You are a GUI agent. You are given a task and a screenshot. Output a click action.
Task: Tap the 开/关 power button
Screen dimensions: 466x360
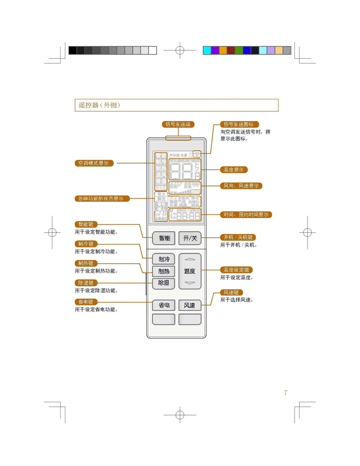point(190,238)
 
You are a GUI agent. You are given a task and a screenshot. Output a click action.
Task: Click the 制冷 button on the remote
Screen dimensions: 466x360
point(164,259)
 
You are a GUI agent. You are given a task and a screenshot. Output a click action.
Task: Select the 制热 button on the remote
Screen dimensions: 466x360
point(164,271)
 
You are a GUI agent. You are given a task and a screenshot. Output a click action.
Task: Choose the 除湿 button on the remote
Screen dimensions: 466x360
point(164,283)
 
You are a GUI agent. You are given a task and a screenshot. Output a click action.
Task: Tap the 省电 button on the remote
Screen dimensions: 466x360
point(164,305)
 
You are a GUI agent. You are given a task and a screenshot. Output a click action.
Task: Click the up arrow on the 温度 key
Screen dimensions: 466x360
point(190,259)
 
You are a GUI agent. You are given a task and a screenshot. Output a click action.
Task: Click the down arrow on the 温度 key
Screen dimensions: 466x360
point(190,283)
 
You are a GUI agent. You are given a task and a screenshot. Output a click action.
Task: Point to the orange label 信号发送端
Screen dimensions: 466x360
point(178,124)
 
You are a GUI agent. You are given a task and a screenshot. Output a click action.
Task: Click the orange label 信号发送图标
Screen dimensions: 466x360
point(239,124)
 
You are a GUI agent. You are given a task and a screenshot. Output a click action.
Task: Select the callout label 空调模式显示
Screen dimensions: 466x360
point(94,163)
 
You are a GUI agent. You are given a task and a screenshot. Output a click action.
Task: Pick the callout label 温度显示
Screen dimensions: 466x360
point(234,170)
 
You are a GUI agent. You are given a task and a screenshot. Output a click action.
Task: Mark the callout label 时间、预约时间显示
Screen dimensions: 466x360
point(246,215)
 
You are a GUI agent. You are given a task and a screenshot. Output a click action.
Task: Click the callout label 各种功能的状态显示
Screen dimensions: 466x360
point(102,199)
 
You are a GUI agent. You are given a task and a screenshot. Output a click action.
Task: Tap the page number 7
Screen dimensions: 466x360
point(286,393)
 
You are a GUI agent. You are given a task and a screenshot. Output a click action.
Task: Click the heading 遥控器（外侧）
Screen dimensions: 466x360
point(99,105)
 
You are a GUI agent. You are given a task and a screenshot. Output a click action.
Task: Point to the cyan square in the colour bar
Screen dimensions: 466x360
point(207,50)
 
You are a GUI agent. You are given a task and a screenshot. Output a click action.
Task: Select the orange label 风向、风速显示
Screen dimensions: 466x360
point(241,186)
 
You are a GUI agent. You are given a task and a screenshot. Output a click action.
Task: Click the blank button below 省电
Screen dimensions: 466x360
point(164,319)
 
